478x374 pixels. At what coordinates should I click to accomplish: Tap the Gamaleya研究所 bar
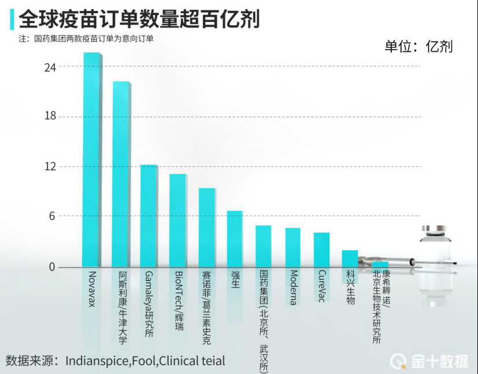tap(149, 216)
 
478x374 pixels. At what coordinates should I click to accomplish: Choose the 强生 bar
tap(234, 239)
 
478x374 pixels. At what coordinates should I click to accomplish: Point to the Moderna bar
tap(292, 248)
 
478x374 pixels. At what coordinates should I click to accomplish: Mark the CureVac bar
tap(321, 250)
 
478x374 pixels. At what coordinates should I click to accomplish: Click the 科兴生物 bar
tap(350, 259)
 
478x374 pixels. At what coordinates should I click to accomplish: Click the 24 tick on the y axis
tap(50, 67)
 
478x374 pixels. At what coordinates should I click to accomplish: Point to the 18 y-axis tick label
tap(50, 117)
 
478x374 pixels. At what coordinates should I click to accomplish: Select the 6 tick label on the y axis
tap(53, 216)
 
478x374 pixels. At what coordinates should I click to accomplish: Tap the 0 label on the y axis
tap(53, 267)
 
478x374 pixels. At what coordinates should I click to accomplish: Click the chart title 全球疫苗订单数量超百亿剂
tap(139, 20)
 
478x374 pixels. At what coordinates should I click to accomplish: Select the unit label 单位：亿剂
tap(418, 46)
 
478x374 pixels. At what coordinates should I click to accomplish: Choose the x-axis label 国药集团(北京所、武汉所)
tap(264, 321)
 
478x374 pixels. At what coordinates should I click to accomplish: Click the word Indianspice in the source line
tap(98, 361)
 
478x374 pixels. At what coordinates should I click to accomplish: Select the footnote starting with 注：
tap(86, 39)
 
